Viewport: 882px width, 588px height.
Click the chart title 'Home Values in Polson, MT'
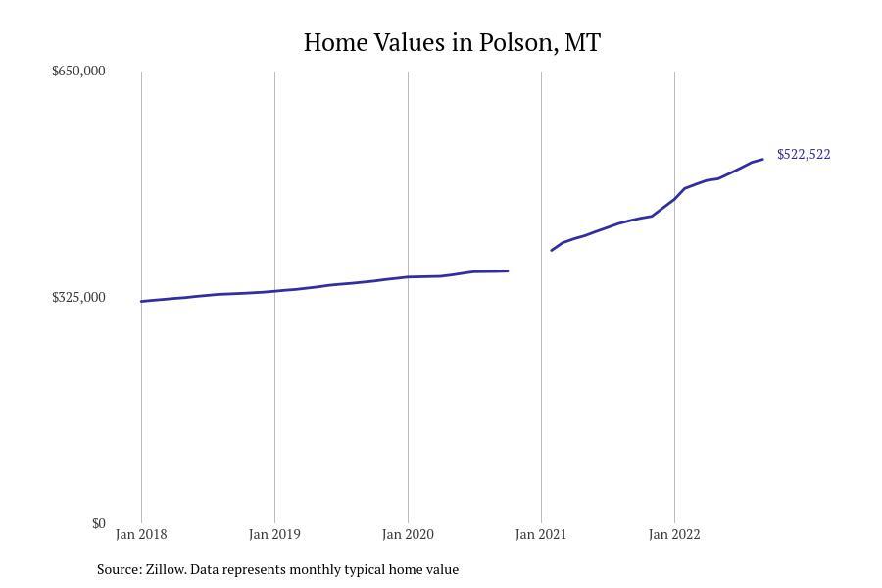452,43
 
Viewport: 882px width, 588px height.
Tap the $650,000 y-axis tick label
78,72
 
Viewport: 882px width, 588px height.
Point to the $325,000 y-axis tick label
78,298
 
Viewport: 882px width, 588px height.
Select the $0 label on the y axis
98,524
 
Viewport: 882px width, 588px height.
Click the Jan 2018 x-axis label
141,535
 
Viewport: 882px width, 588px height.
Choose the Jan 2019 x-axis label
274,535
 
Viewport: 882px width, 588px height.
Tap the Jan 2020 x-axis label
408,535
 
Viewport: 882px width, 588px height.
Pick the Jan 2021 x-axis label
541,535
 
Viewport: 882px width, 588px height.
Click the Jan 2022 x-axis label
674,535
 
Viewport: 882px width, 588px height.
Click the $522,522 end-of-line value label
804,155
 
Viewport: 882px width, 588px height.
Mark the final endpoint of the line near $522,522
762,160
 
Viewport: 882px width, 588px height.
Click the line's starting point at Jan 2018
142,301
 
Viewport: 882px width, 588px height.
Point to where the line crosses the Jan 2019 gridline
274,291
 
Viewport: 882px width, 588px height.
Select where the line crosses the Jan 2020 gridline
408,277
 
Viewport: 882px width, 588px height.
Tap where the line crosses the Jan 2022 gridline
674,199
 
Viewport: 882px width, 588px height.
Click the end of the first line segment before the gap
508,270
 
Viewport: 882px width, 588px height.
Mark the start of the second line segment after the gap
552,250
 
